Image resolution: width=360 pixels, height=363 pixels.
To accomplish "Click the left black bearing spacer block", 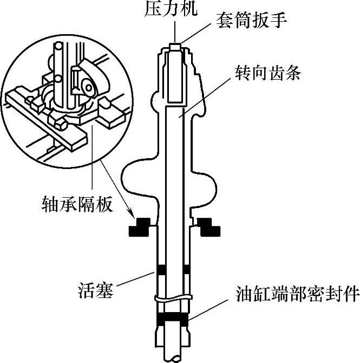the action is point(140,227).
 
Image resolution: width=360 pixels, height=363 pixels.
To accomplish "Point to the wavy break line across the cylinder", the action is point(173,297).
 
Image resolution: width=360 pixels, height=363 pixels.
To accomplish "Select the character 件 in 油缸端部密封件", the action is point(349,295).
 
